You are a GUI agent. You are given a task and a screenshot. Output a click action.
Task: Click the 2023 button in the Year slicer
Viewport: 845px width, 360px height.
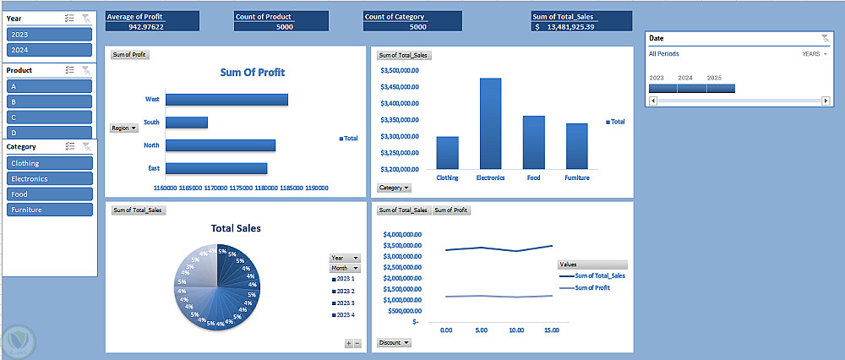click(x=49, y=35)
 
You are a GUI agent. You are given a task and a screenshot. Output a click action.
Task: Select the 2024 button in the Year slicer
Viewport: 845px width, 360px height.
click(x=49, y=50)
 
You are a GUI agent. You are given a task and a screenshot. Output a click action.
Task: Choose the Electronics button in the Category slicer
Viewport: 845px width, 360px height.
click(x=49, y=179)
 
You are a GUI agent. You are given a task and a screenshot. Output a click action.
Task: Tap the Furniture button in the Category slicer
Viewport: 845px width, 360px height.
click(x=49, y=210)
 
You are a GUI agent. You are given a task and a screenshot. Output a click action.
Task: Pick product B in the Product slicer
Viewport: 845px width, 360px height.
click(x=49, y=101)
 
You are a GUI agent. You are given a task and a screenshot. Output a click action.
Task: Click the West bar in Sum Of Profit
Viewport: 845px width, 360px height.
click(x=226, y=100)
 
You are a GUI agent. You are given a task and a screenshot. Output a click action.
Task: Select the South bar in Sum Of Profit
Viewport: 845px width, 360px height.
click(x=187, y=123)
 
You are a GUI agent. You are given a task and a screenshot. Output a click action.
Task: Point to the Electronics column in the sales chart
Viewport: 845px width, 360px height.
click(x=490, y=123)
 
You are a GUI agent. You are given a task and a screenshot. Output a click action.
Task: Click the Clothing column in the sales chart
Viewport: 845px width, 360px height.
click(x=447, y=153)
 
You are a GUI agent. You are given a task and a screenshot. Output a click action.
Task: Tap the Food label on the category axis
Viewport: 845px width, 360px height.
click(x=533, y=178)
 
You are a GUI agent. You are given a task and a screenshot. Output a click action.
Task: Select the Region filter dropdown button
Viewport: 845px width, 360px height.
click(x=123, y=128)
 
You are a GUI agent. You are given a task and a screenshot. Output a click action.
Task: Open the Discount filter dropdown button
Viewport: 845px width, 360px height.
click(x=395, y=342)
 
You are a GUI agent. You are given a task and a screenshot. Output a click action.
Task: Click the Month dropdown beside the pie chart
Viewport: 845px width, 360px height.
click(x=345, y=268)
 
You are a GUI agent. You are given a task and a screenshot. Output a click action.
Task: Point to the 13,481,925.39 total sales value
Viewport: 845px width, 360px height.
click(x=564, y=27)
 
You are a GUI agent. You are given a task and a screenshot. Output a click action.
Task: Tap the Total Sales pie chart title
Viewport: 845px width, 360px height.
click(x=236, y=228)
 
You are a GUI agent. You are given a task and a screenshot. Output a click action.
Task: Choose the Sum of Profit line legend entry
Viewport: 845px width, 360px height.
click(x=591, y=288)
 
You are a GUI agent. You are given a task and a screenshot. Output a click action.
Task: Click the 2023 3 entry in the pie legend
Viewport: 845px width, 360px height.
click(x=345, y=303)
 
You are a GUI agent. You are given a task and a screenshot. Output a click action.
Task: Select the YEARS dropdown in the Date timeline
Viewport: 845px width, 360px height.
click(x=815, y=54)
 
